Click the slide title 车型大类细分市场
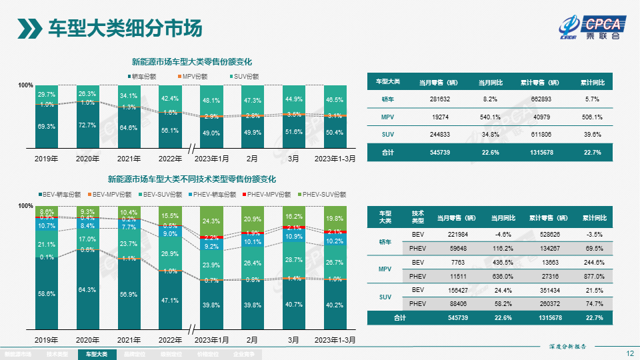click(x=125, y=28)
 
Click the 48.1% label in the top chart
click(x=211, y=101)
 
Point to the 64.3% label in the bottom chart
click(x=87, y=289)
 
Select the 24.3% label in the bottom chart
click(x=211, y=221)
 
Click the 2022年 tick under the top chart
click(x=170, y=159)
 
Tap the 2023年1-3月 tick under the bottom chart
click(x=335, y=339)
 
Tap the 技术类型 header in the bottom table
click(x=418, y=217)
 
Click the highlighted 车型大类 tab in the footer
click(x=97, y=355)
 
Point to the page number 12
click(x=629, y=353)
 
